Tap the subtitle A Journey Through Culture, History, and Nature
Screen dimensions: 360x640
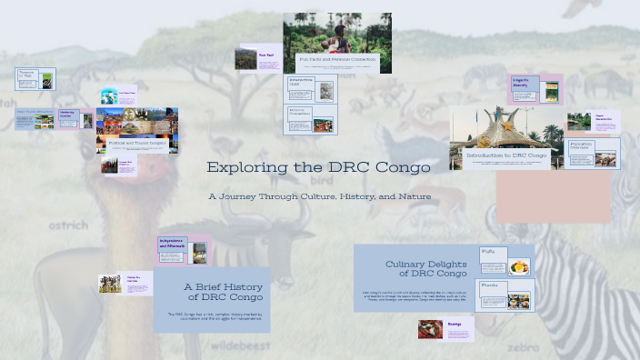click(319, 196)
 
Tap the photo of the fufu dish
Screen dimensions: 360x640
click(518, 266)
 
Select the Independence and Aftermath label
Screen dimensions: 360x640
click(173, 244)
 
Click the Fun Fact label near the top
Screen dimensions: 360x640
click(266, 55)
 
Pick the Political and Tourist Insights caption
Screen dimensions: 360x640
click(133, 144)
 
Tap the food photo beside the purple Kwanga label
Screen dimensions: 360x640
click(431, 328)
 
